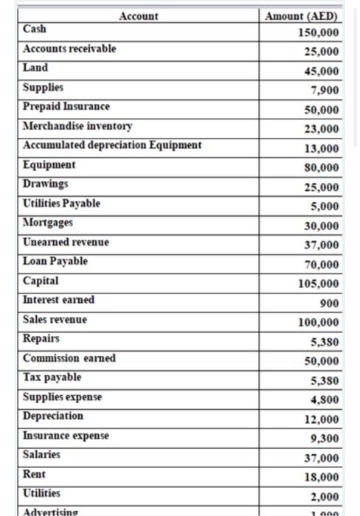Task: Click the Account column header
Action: point(138,16)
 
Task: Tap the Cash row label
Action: point(35,29)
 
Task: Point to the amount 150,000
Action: point(319,32)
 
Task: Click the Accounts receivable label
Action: point(69,49)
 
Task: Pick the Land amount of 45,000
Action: point(322,72)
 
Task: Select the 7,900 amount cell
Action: point(325,91)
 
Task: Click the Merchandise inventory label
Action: point(78,126)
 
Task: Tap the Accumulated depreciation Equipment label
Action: point(112,145)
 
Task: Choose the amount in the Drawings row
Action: point(322,187)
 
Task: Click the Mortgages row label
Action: point(49,222)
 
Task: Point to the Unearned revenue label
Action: point(66,242)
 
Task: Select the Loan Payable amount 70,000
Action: point(322,265)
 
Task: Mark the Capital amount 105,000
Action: point(319,284)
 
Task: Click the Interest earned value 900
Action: point(330,303)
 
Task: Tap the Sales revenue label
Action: point(55,319)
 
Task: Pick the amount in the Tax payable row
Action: point(325,381)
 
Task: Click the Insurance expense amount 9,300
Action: point(325,439)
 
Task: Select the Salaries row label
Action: point(43,455)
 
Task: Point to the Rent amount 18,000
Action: point(322,477)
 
